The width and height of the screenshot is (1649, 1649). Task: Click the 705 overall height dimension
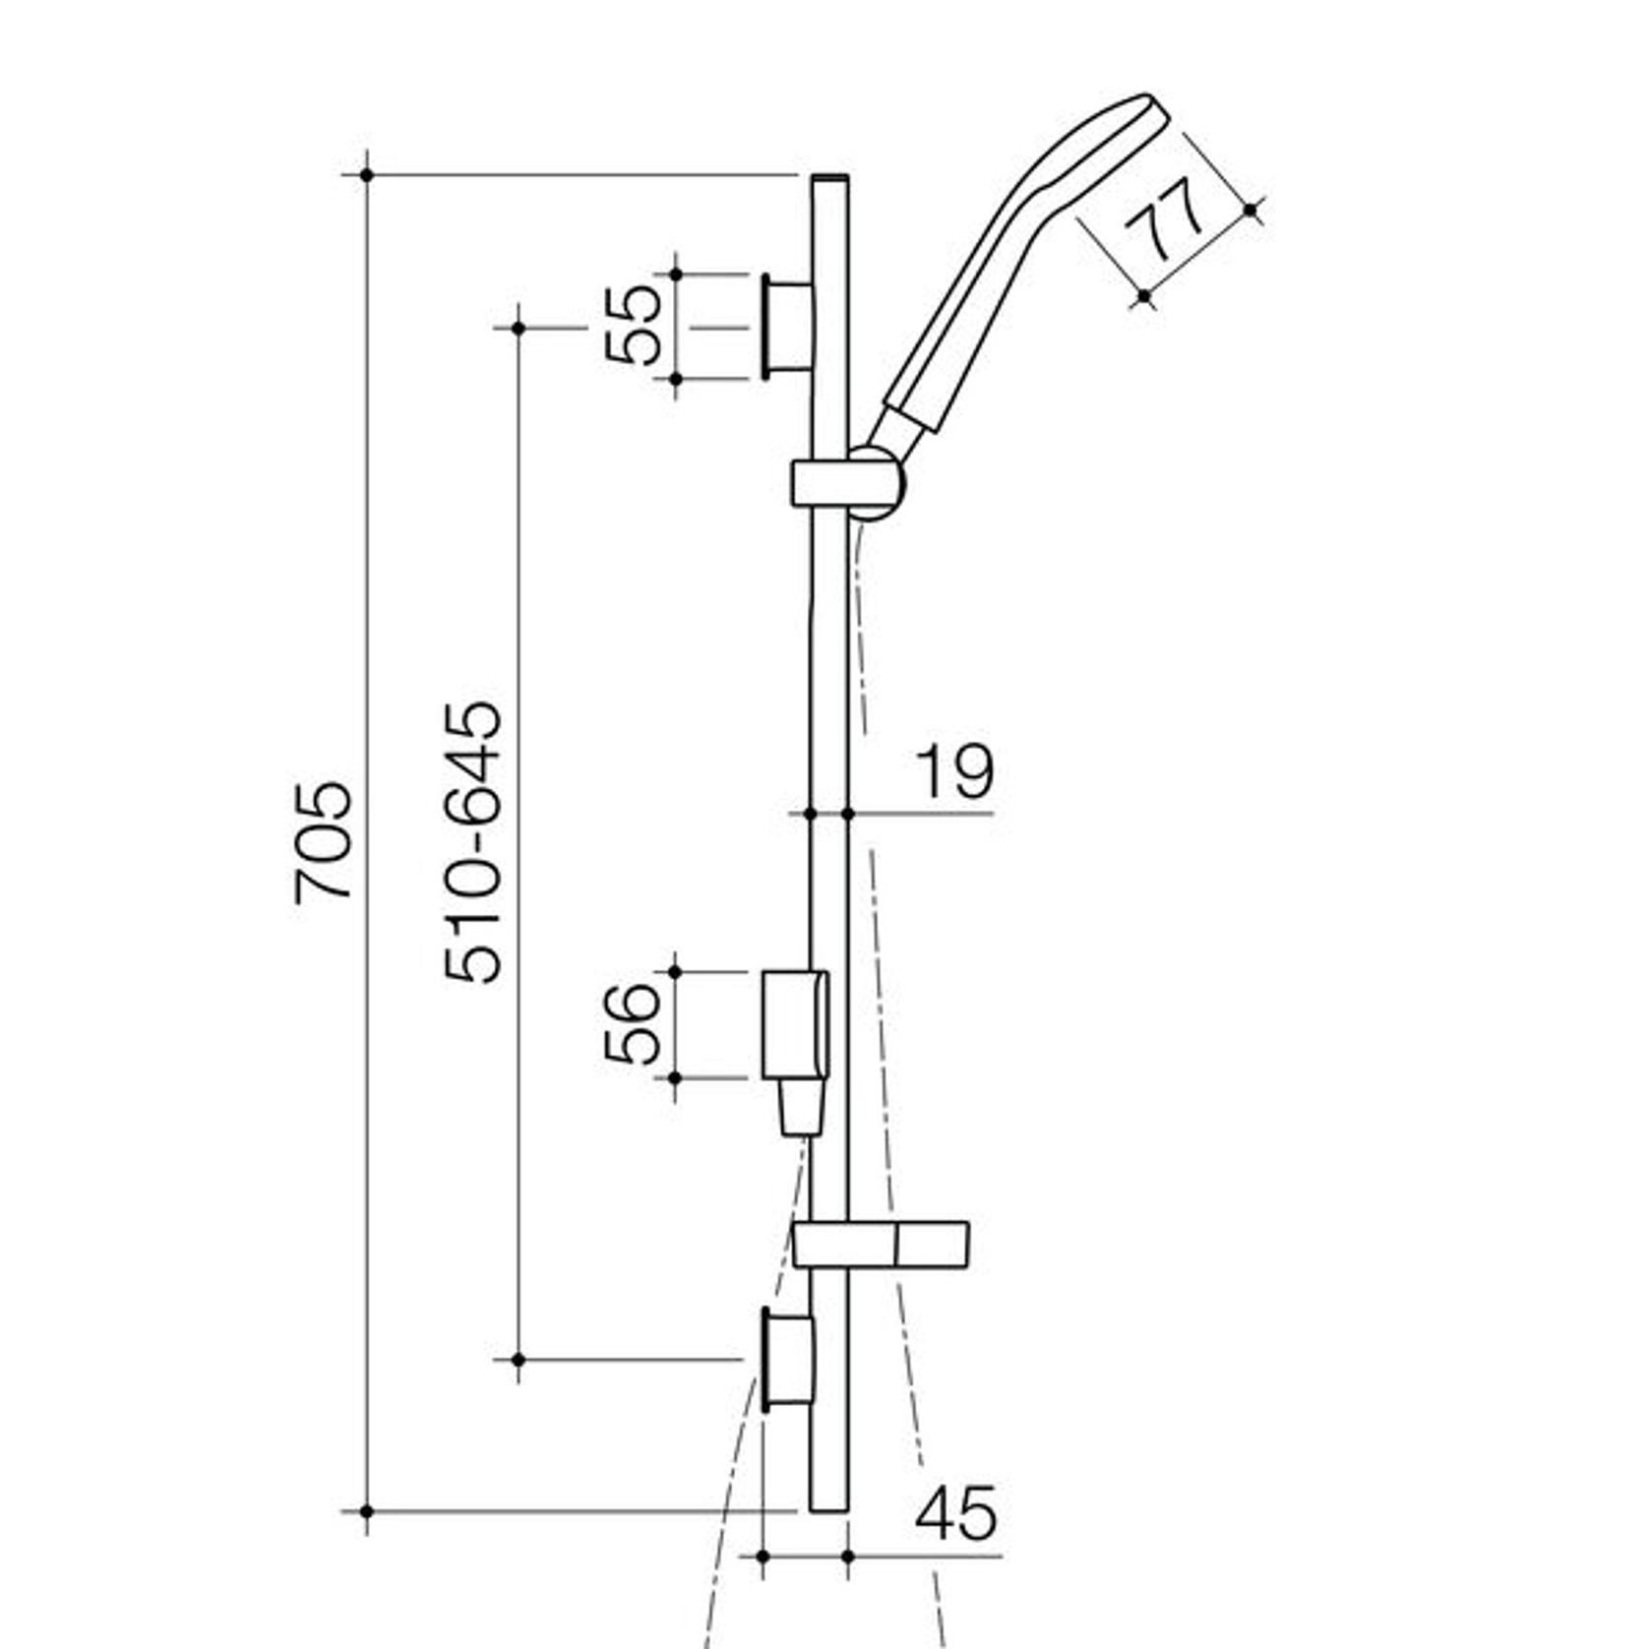[323, 841]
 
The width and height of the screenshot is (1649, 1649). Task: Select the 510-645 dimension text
[473, 842]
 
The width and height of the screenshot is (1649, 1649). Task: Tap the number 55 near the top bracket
[633, 325]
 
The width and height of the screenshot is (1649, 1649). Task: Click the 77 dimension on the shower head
[1165, 220]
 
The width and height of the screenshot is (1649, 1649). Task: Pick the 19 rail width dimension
[953, 772]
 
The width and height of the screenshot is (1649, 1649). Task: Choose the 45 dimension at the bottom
[954, 1512]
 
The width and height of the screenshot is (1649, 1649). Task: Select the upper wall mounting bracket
[788, 327]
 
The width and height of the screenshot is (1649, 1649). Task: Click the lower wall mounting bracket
[788, 1360]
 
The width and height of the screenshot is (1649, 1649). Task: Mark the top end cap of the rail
[829, 178]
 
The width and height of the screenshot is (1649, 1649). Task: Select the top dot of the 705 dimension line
[367, 175]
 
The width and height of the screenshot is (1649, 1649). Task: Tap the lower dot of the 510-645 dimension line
[519, 1359]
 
